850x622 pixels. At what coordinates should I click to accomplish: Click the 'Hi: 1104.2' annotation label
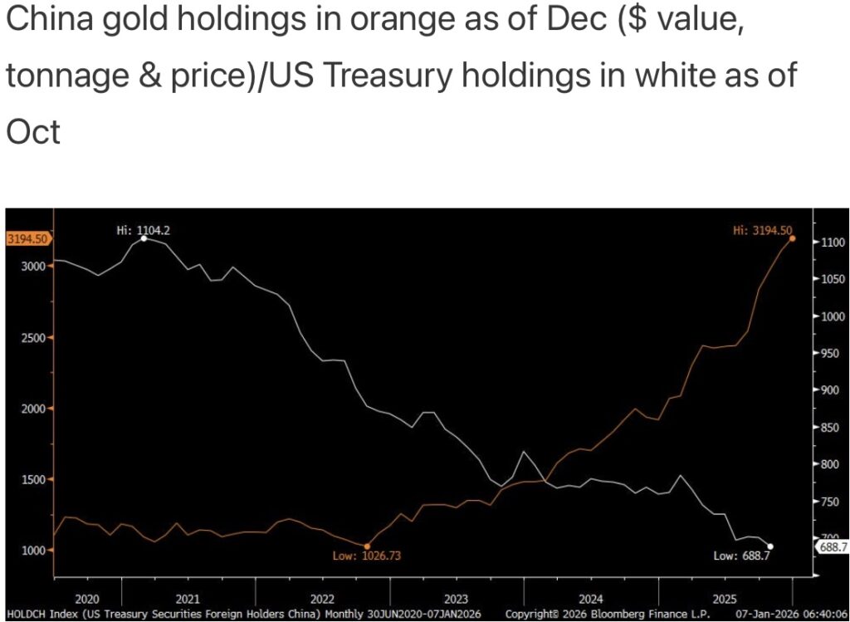coord(149,228)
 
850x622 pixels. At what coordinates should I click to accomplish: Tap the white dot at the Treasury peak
coord(144,239)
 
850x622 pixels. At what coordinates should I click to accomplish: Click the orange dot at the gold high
coord(793,238)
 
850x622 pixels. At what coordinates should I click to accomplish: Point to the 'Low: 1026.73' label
coord(367,556)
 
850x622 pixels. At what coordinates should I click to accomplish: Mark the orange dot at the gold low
coord(367,546)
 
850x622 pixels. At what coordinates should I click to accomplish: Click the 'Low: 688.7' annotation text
coord(740,556)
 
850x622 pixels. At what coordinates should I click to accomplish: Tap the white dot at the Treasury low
coord(771,546)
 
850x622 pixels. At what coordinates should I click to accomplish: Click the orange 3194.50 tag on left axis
coord(27,239)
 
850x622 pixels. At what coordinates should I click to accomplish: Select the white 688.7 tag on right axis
coord(832,547)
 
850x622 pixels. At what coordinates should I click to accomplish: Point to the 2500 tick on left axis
coord(30,338)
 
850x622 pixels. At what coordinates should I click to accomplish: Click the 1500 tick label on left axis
coord(30,479)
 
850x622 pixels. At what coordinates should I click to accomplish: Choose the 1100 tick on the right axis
coord(832,242)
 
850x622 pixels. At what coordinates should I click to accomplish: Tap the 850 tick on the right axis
coord(830,428)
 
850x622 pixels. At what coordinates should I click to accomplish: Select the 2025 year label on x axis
coord(725,598)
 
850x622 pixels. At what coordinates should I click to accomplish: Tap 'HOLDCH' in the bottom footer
coord(22,614)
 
